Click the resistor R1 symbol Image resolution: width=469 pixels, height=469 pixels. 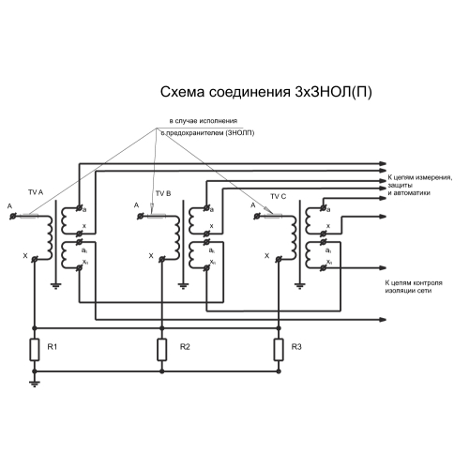35,350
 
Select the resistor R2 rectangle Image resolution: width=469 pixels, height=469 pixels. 162,350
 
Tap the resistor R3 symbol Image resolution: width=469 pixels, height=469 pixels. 279,350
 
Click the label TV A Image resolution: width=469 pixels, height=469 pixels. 36,192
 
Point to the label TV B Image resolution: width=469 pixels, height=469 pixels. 163,193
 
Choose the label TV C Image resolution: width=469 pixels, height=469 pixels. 279,196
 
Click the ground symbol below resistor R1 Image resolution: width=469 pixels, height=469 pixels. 35,384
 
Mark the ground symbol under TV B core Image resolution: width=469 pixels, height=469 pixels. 183,286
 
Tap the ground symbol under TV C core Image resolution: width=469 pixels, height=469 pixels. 299,286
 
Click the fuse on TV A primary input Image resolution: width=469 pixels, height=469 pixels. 29,216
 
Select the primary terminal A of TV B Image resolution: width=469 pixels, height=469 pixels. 141,216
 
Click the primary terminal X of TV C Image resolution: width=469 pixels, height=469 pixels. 279,259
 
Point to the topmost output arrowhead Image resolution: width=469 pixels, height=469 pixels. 383,163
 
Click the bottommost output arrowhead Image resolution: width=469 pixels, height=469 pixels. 383,320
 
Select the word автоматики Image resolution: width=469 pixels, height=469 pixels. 412,193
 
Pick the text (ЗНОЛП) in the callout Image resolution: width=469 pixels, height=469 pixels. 240,133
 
